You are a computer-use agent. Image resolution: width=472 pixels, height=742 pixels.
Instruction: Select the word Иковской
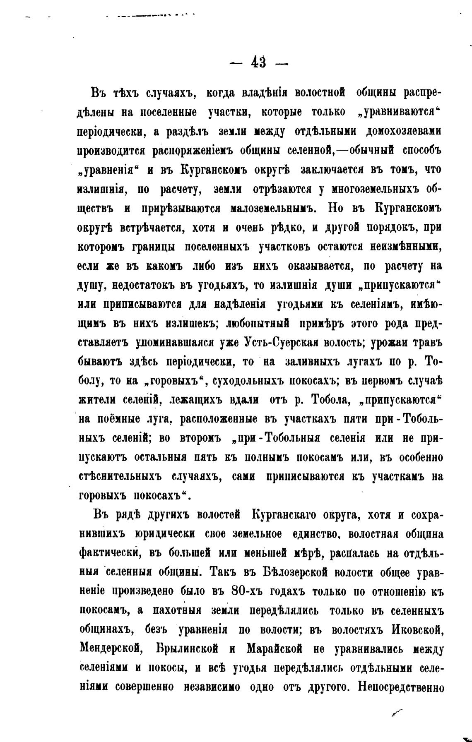pos(415,629)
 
